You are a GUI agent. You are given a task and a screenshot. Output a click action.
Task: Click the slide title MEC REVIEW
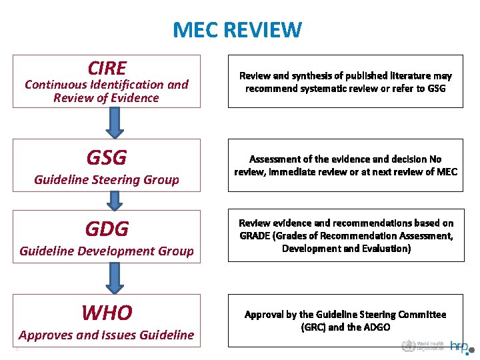click(x=237, y=30)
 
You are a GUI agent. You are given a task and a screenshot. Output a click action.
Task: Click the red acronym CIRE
click(x=107, y=68)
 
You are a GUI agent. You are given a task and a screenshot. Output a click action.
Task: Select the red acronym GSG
click(x=107, y=158)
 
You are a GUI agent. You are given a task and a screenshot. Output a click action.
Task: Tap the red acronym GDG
click(x=107, y=229)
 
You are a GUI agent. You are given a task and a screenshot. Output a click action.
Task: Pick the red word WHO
click(x=107, y=312)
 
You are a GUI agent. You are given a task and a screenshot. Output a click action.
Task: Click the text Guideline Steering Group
click(x=107, y=180)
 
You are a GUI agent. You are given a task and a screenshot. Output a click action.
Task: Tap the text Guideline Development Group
click(x=107, y=251)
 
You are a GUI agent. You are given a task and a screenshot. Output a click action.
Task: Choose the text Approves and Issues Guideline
click(x=107, y=335)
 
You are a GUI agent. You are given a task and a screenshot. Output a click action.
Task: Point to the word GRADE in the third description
click(x=254, y=235)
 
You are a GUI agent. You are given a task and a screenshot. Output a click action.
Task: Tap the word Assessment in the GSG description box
click(x=275, y=159)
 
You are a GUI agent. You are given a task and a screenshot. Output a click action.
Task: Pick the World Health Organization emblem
click(x=407, y=346)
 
